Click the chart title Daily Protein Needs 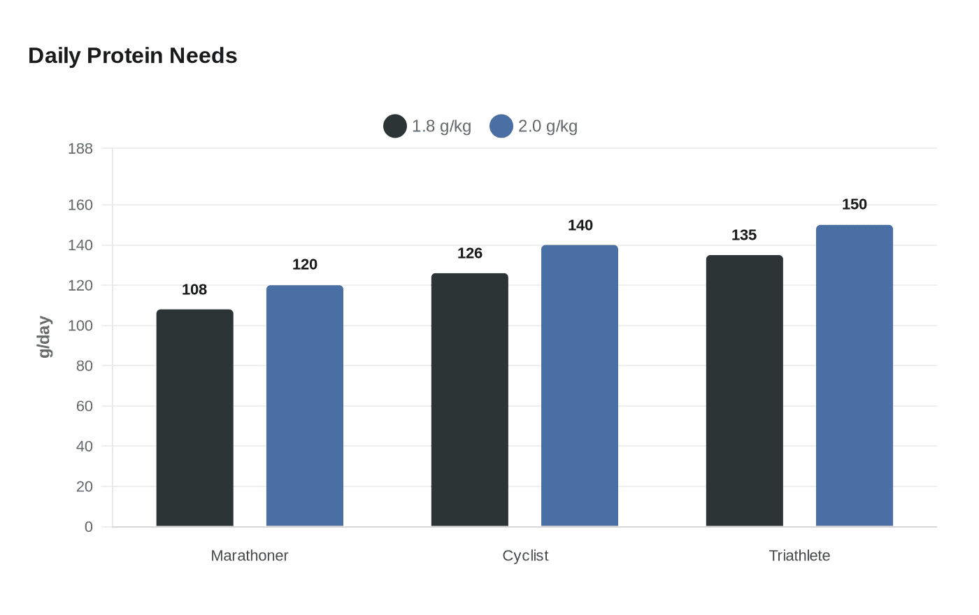click(132, 56)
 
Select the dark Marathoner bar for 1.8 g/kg click(195, 418)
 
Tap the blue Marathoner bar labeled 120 click(305, 406)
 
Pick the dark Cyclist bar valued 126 click(470, 400)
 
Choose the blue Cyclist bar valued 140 click(580, 386)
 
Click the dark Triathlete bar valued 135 click(744, 391)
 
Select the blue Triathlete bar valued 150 click(855, 376)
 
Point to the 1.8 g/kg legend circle click(395, 126)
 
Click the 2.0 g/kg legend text click(548, 126)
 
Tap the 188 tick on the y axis click(80, 148)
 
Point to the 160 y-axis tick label click(80, 205)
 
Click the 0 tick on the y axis click(89, 527)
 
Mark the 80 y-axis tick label click(85, 366)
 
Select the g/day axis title click(45, 337)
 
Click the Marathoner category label click(250, 556)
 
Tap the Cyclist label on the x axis click(525, 556)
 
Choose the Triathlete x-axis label click(799, 556)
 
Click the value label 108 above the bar click(194, 289)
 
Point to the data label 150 click(855, 204)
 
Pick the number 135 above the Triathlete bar click(744, 235)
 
